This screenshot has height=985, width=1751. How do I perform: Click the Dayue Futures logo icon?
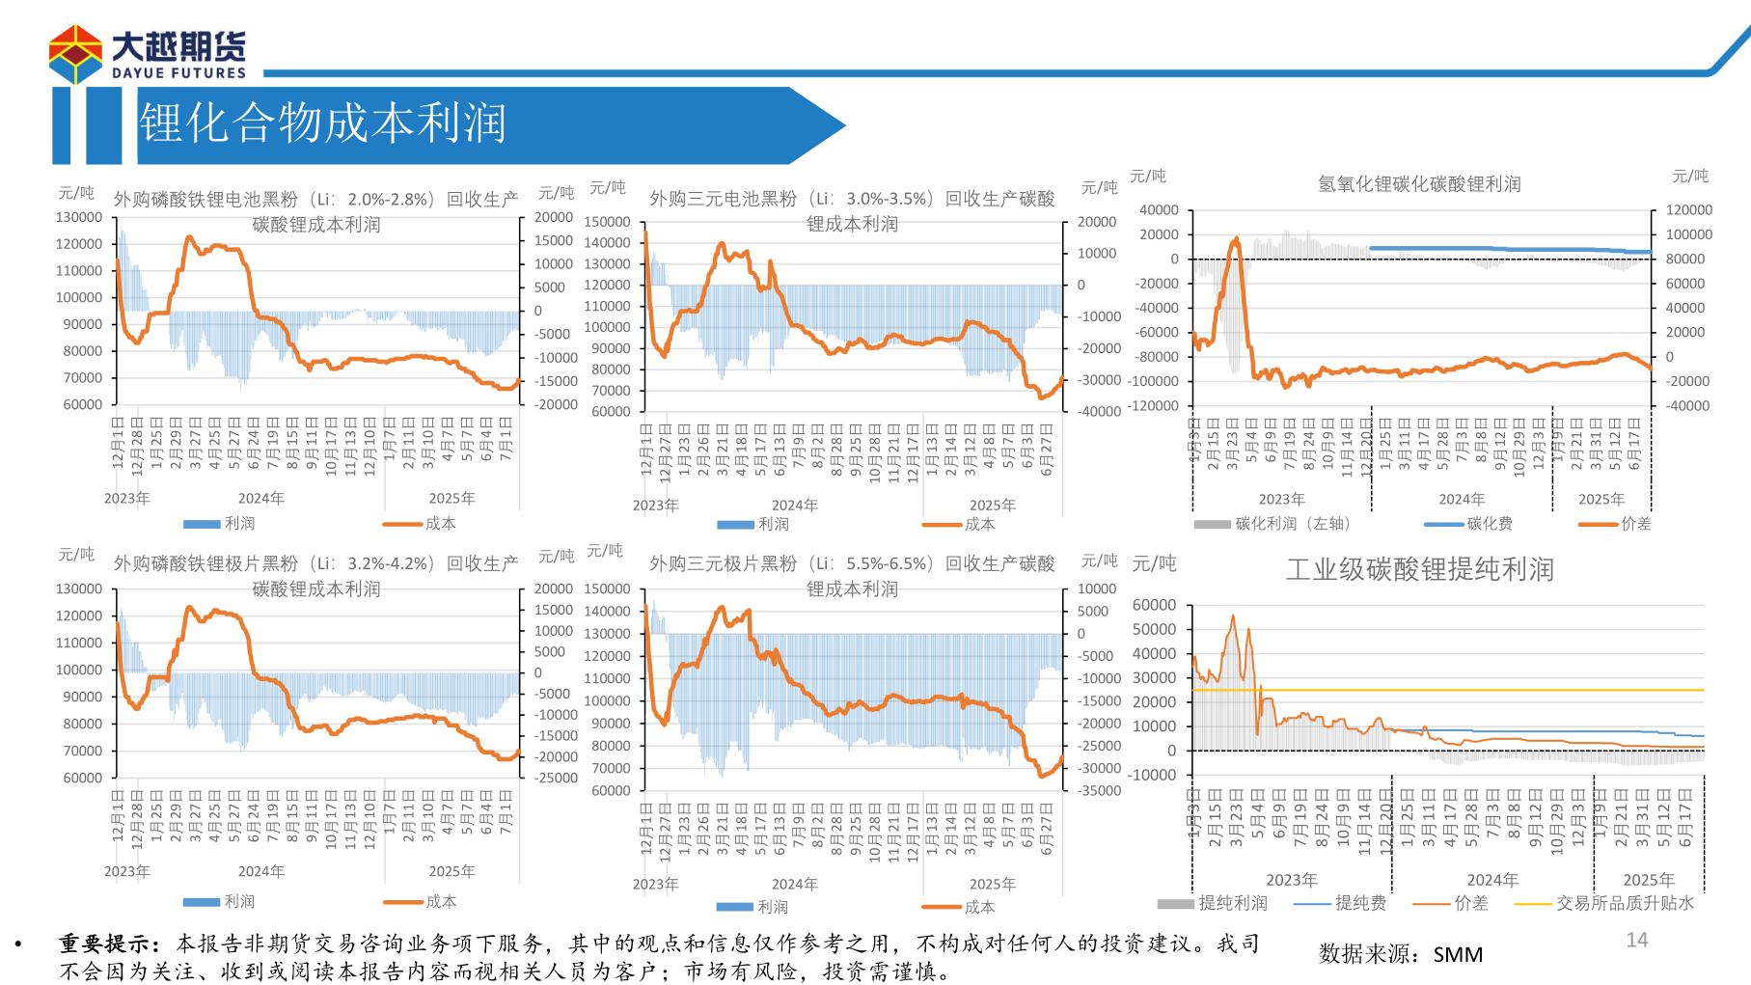pos(75,54)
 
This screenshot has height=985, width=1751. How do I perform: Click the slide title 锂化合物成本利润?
pos(323,123)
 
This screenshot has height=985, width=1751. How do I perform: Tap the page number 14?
pos(1637,940)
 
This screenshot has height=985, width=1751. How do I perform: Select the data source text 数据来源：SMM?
pos(1401,954)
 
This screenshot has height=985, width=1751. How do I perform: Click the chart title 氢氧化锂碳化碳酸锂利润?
pos(1419,183)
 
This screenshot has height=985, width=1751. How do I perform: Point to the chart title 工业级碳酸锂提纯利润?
pos(1419,569)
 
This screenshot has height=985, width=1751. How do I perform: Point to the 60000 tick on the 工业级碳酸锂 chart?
pos(1154,605)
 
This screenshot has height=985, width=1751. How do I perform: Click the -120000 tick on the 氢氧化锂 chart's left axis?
pos(1153,405)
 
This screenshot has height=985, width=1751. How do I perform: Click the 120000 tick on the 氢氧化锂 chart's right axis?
pos(1689,209)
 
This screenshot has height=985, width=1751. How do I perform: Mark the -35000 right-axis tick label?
pos(1099,790)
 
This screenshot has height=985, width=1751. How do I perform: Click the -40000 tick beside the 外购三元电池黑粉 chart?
pos(1099,411)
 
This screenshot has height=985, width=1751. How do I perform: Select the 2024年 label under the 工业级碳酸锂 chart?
pos(1492,880)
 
